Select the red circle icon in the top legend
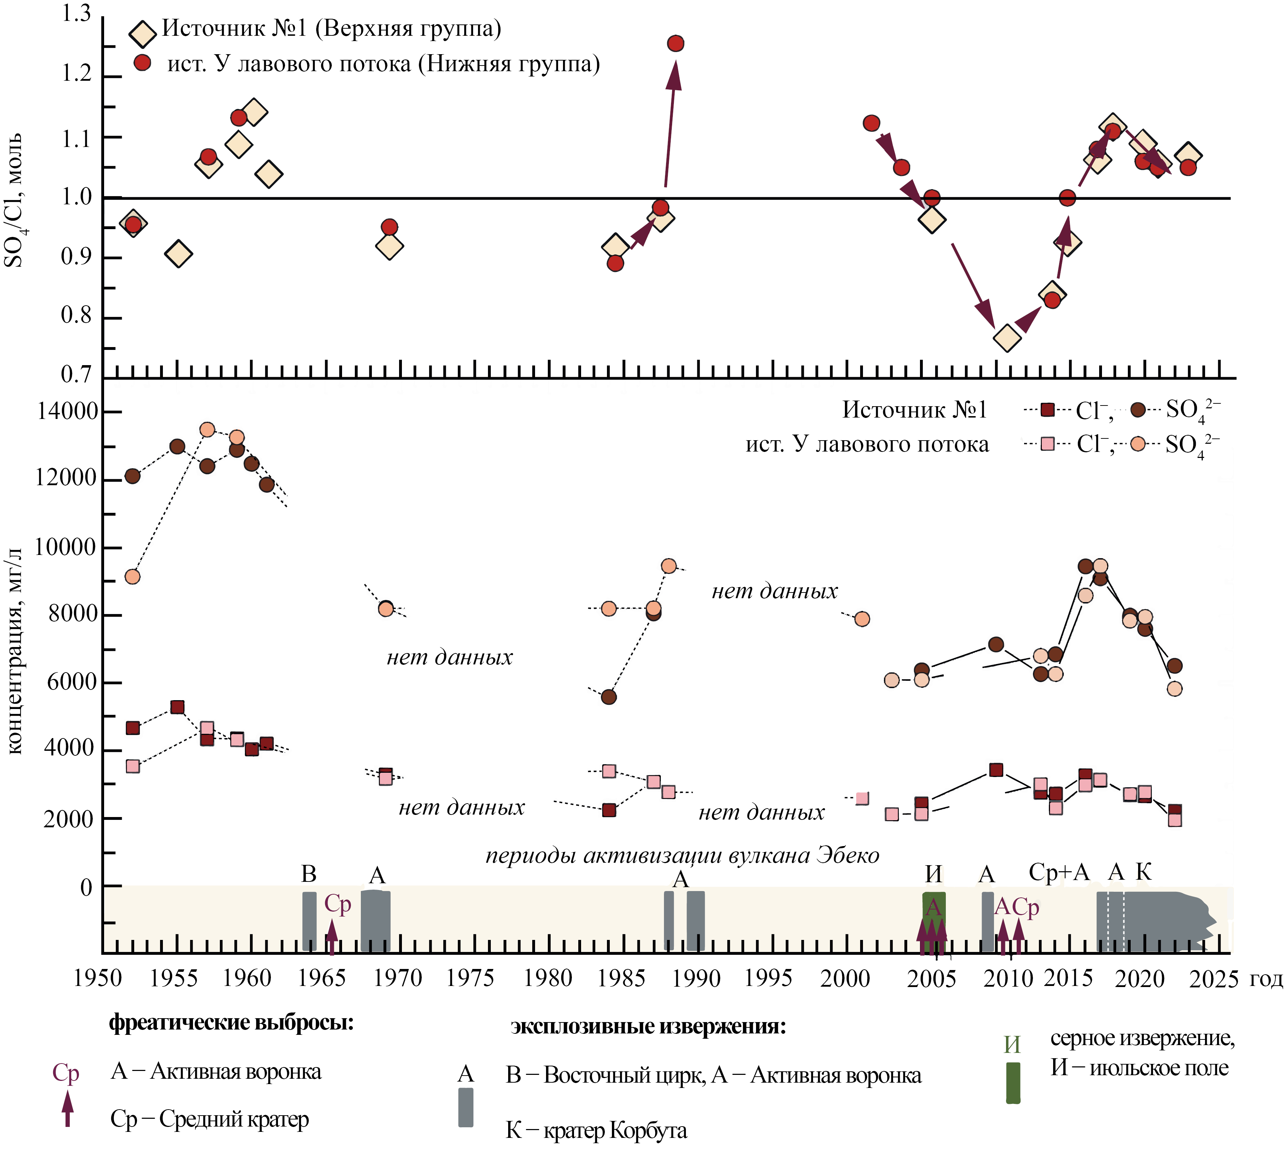(x=143, y=63)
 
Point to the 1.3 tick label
(x=76, y=14)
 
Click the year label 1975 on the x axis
(x=470, y=978)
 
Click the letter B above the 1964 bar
(x=308, y=874)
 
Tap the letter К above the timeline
(x=1143, y=872)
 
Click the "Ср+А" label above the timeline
(x=1059, y=872)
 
